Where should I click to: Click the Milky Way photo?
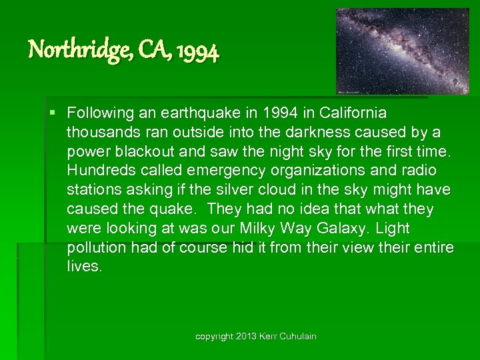point(402,51)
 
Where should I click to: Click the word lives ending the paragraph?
point(85,267)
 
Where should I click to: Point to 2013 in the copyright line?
point(247,337)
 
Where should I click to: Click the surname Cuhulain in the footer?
point(296,337)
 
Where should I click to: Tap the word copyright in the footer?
point(213,337)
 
